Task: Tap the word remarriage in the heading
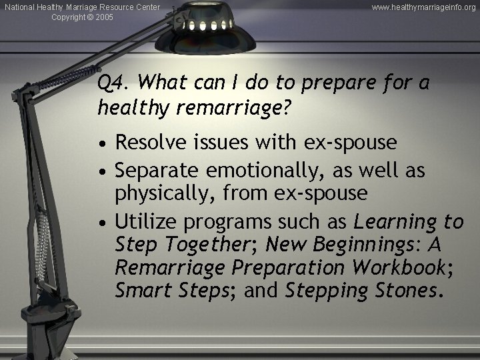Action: [x=229, y=107]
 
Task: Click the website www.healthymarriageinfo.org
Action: [x=424, y=7]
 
